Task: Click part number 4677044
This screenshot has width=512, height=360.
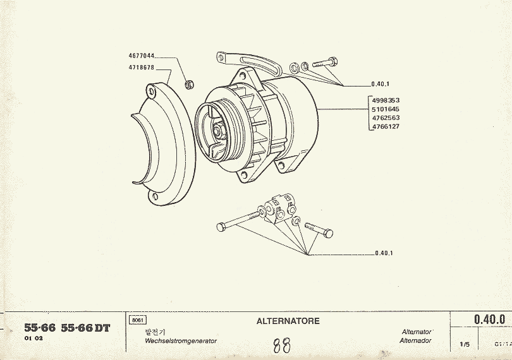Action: tap(142, 56)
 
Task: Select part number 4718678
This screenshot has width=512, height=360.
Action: tap(142, 66)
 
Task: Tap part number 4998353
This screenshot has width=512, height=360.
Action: tap(386, 100)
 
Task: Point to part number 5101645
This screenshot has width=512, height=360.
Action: tap(386, 109)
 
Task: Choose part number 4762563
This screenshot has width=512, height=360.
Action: tap(386, 118)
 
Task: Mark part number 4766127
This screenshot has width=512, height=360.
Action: tap(386, 127)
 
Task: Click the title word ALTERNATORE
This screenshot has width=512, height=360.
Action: tap(288, 321)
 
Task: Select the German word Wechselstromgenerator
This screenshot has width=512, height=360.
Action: tap(181, 340)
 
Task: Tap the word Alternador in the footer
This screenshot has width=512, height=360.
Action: tap(415, 340)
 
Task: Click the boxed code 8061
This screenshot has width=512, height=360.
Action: tap(137, 321)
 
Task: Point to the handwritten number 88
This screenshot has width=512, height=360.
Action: tap(282, 345)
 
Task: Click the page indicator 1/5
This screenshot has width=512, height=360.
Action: tap(465, 345)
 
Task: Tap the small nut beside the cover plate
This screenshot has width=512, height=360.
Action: tap(188, 84)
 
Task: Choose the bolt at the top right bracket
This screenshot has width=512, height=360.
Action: tap(325, 63)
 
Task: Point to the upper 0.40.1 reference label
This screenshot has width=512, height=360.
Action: tap(380, 84)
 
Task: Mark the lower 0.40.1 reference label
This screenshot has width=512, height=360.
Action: tap(384, 253)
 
